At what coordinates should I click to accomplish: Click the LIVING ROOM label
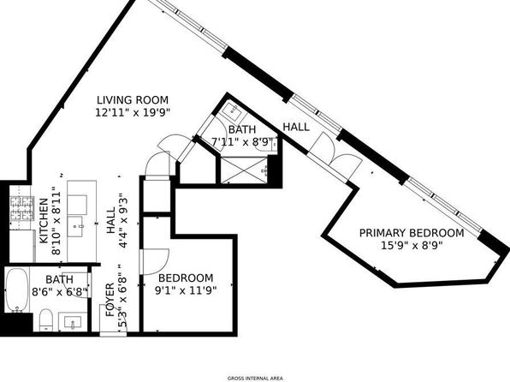pyautogui.click(x=133, y=99)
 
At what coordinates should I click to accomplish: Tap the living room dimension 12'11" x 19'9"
pyautogui.click(x=133, y=113)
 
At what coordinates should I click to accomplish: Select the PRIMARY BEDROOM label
pyautogui.click(x=412, y=233)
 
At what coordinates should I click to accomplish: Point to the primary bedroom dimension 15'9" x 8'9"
pyautogui.click(x=412, y=245)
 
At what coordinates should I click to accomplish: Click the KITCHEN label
pyautogui.click(x=44, y=221)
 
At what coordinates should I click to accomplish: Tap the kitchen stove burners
pyautogui.click(x=22, y=209)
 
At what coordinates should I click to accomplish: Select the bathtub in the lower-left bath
pyautogui.click(x=16, y=289)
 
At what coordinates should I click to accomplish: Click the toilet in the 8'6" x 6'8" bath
pyautogui.click(x=46, y=319)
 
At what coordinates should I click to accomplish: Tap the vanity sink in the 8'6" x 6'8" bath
pyautogui.click(x=73, y=322)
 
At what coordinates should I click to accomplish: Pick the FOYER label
pyautogui.click(x=110, y=300)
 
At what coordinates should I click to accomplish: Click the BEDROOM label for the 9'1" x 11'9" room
pyautogui.click(x=186, y=278)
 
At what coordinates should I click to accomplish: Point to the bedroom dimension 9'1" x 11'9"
pyautogui.click(x=186, y=290)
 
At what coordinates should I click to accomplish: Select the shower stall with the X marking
pyautogui.click(x=244, y=170)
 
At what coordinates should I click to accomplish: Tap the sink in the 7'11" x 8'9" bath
pyautogui.click(x=232, y=110)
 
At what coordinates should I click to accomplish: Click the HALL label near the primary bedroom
pyautogui.click(x=296, y=127)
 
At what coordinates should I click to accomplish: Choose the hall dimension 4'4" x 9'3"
pyautogui.click(x=122, y=221)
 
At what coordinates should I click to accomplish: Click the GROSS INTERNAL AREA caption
pyautogui.click(x=255, y=379)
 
